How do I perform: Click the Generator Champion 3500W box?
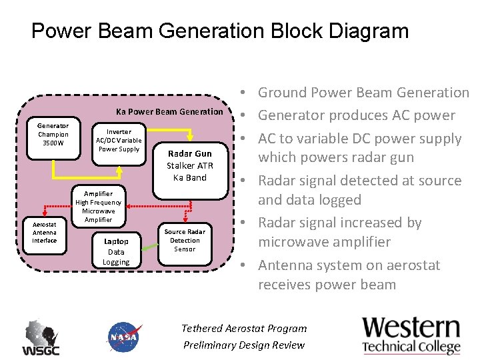[x=53, y=134]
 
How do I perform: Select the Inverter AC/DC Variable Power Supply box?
[x=119, y=141]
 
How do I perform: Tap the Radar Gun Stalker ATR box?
[x=190, y=165]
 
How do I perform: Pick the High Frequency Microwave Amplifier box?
[x=98, y=207]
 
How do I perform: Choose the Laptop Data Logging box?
[x=116, y=251]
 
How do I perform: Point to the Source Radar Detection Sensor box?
[x=185, y=240]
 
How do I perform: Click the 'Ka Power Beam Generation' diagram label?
[x=169, y=111]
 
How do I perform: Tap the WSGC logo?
[x=41, y=338]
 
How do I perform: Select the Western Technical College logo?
[x=411, y=336]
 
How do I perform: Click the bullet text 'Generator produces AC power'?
[x=356, y=115]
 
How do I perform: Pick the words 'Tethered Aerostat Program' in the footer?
[x=244, y=328]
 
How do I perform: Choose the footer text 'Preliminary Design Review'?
[x=244, y=345]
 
